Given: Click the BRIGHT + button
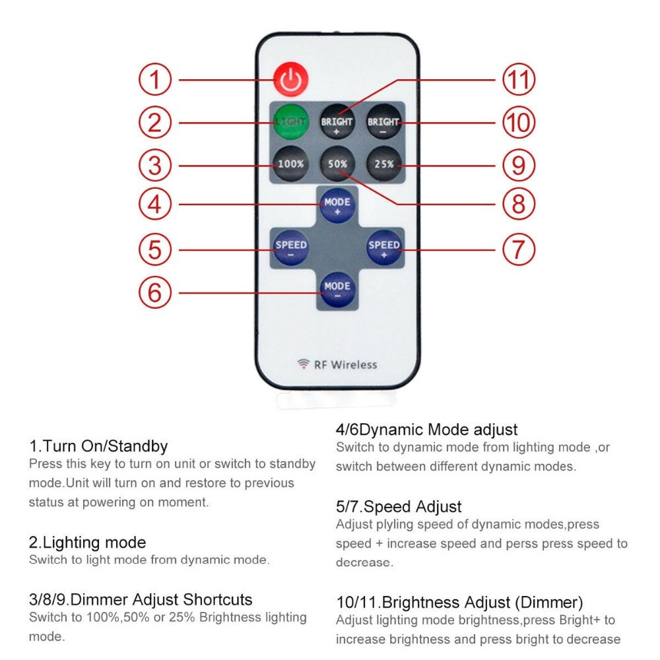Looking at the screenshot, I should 337,122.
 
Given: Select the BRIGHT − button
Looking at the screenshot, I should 383,122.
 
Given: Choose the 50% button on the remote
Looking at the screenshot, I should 337,163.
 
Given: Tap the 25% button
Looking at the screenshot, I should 383,163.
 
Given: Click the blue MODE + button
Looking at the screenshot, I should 337,205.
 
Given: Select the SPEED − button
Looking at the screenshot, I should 290,248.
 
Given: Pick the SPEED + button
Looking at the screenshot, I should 384,248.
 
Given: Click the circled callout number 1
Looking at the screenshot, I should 154,81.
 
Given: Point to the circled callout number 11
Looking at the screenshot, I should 518,81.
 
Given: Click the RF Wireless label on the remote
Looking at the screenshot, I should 337,364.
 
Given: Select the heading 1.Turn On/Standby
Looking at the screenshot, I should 98,446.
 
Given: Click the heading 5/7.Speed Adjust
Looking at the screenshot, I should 399,507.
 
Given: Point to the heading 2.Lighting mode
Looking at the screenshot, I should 87,543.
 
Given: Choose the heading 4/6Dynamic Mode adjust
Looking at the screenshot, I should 426,430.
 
